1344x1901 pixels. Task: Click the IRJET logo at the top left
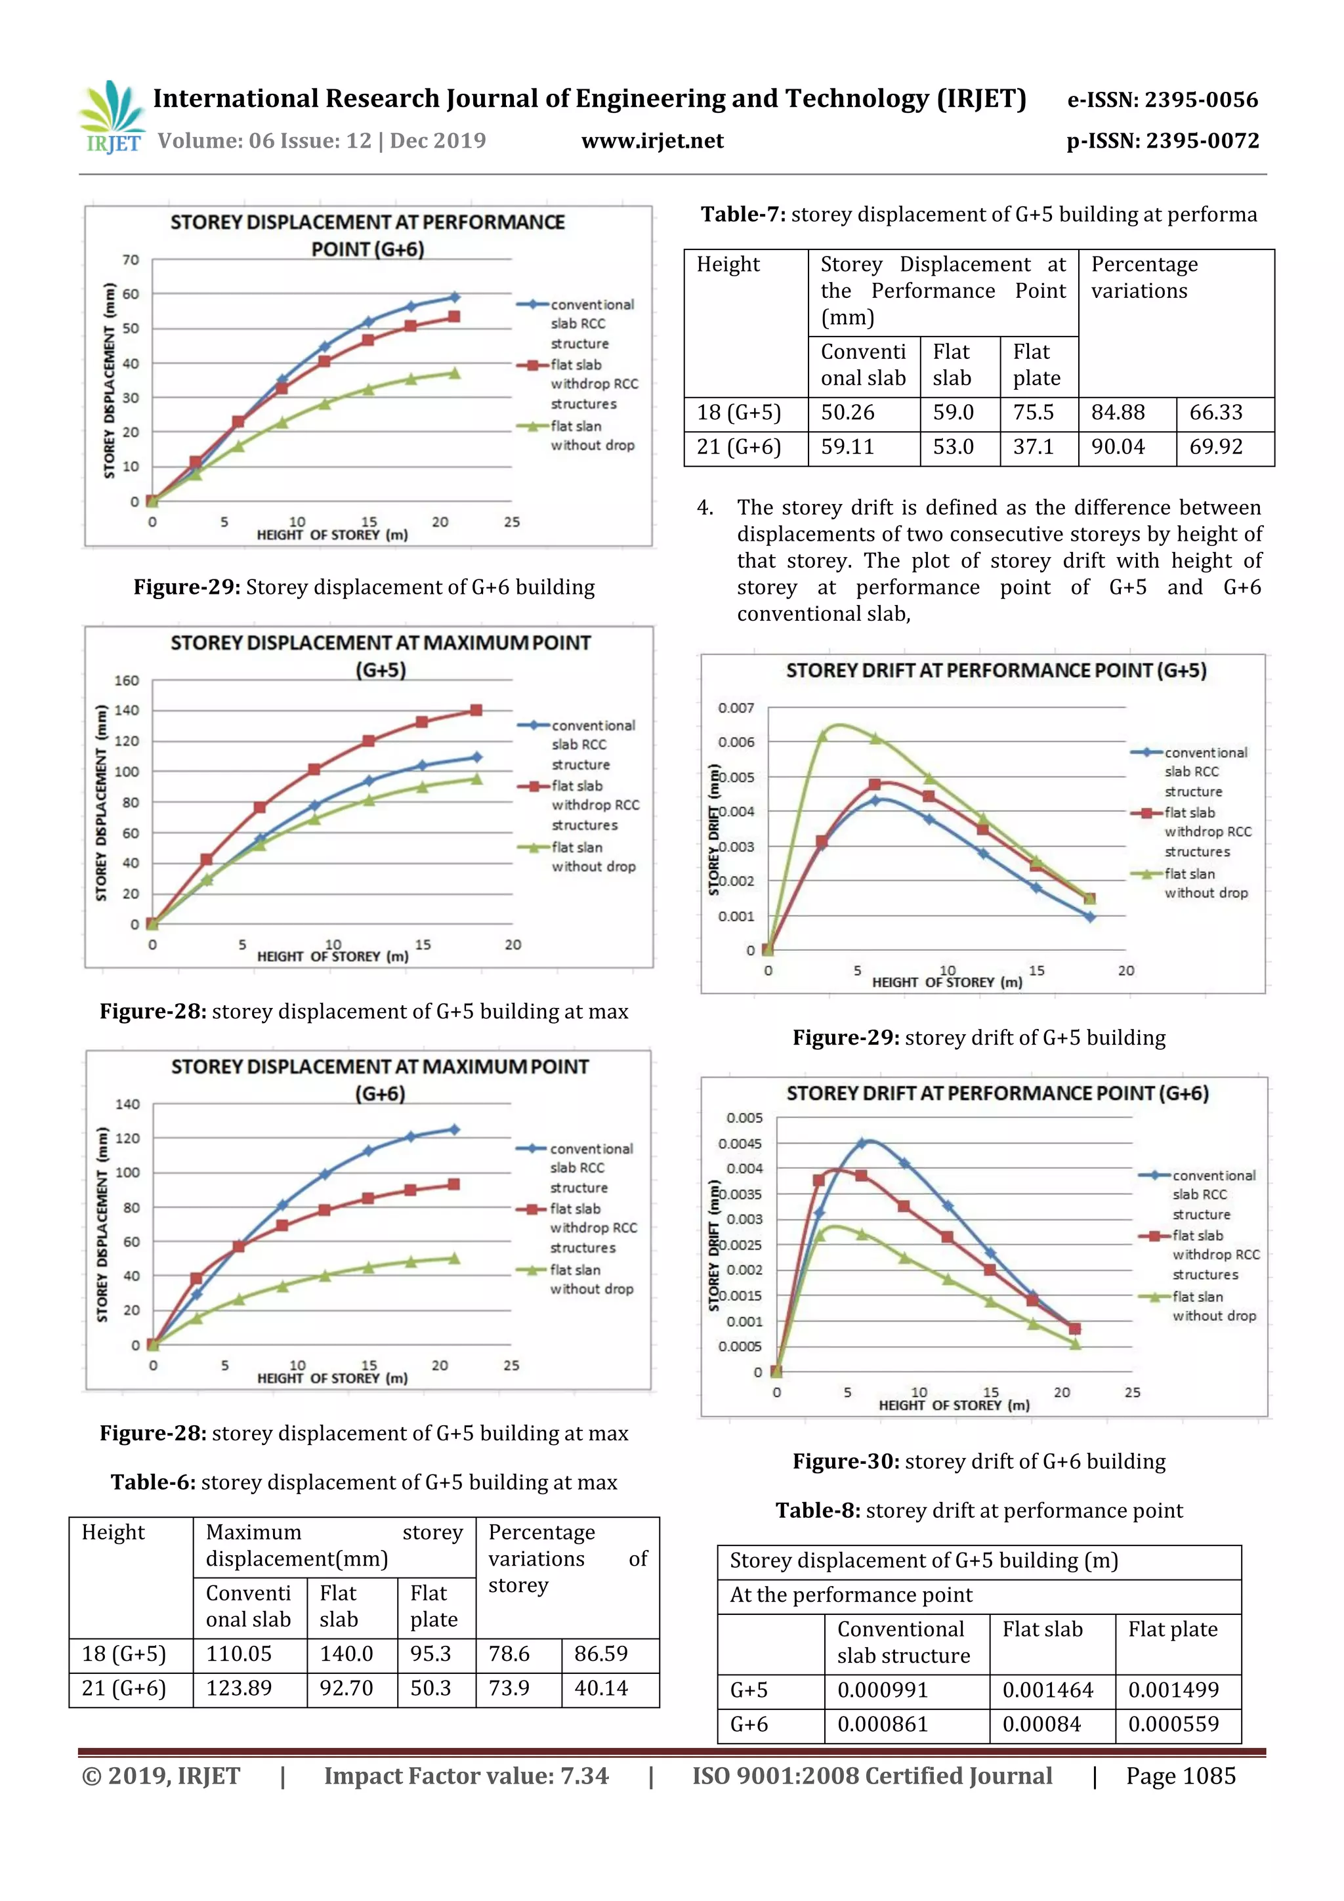111,117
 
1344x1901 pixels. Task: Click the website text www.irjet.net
652,140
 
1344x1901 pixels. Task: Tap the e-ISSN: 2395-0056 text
1162,100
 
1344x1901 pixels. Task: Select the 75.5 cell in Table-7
1034,412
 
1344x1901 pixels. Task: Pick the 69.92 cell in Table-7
1215,447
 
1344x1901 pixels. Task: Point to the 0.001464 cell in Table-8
1047,1690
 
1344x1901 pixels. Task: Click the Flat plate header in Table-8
1173,1629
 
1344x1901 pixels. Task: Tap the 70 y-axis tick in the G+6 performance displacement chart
131,260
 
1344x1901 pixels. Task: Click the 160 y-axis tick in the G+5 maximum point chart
127,680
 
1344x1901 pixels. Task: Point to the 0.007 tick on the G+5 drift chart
736,708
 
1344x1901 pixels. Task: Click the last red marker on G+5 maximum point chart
476,711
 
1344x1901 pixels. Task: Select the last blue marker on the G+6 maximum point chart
453,1129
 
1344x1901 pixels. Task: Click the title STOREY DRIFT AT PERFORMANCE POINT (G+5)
996,671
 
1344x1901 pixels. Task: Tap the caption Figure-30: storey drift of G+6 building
979,1461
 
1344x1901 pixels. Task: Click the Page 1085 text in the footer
1180,1776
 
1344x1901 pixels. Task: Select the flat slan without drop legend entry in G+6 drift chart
1210,1306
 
